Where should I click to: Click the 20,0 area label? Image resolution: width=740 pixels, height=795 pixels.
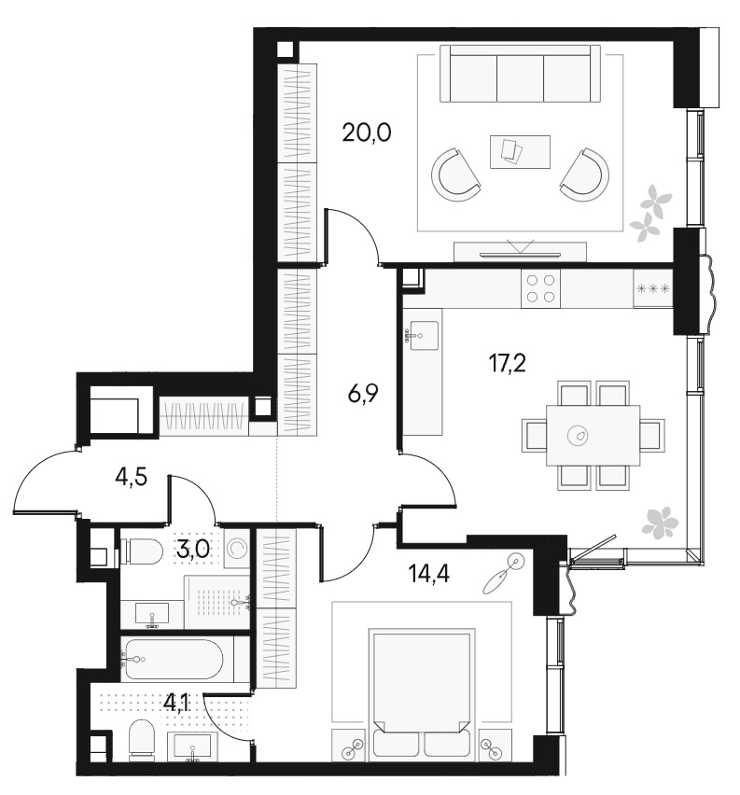[366, 132]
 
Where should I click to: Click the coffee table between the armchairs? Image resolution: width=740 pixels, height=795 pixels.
[520, 151]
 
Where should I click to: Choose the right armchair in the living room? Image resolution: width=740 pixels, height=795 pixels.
[585, 173]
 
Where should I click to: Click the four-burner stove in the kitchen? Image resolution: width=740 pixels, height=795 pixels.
[541, 288]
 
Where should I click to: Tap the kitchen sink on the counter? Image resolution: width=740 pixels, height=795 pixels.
[423, 334]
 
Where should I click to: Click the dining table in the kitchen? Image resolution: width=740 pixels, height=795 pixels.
[593, 435]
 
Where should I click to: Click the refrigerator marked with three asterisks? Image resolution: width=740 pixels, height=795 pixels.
[652, 288]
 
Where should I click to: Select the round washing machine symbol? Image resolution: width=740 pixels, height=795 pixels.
[237, 548]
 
